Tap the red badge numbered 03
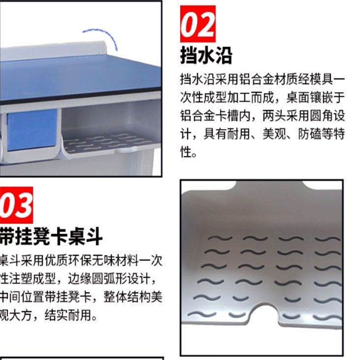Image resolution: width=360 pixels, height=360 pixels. click(17, 204)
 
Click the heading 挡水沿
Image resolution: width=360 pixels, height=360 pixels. click(206, 55)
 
